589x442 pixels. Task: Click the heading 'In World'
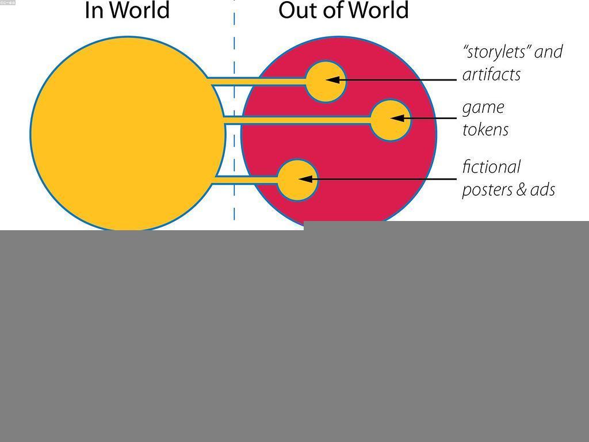point(127,10)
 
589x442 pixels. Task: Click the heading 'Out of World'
point(343,10)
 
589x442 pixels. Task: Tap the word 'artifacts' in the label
point(491,74)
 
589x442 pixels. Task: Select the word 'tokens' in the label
point(485,129)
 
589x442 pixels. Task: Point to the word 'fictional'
point(491,167)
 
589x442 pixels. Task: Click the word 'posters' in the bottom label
point(487,190)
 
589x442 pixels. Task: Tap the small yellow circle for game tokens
point(391,120)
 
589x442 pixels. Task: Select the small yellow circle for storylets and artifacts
point(326,82)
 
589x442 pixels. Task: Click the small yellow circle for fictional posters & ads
point(297,180)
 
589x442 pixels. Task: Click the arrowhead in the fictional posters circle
point(305,180)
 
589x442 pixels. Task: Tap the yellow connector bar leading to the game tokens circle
point(297,120)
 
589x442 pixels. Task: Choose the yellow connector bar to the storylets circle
point(257,81)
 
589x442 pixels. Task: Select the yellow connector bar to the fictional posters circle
point(245,180)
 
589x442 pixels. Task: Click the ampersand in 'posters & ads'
point(521,189)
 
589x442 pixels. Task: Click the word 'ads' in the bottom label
point(542,189)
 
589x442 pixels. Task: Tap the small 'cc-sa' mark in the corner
point(7,2)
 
